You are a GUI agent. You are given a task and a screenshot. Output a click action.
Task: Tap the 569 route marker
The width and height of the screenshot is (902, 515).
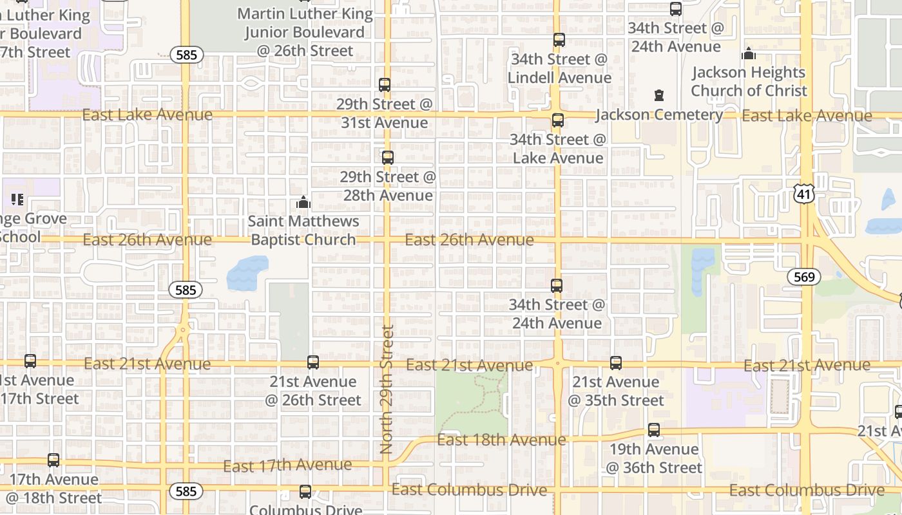tap(804, 277)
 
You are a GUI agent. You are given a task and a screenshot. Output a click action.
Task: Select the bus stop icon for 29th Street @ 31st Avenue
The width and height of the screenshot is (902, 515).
tap(385, 85)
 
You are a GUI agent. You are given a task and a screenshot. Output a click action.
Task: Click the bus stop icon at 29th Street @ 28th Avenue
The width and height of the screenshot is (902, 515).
tap(387, 158)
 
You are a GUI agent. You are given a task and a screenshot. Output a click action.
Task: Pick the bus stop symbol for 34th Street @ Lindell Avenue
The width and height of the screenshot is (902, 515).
tap(559, 40)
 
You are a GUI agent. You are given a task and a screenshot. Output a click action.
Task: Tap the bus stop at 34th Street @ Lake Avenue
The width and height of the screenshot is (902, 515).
tap(558, 120)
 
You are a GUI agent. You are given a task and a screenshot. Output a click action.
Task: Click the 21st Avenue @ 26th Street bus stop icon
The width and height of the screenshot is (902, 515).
tap(313, 362)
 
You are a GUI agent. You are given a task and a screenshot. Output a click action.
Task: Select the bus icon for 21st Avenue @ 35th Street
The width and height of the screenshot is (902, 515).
tap(616, 363)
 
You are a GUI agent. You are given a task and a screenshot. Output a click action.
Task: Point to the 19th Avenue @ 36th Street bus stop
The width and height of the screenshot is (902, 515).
tap(654, 430)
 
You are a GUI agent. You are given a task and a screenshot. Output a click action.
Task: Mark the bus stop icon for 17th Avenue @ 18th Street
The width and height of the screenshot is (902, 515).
tap(53, 460)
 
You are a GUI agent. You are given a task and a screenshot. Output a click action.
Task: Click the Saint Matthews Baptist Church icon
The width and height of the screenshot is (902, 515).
tap(303, 203)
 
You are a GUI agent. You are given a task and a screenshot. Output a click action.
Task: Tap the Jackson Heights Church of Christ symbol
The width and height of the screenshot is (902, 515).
tap(749, 54)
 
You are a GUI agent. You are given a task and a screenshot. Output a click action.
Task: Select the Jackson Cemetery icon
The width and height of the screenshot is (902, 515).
tap(658, 96)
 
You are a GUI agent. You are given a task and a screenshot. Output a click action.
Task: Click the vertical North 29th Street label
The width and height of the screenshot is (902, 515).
tap(387, 389)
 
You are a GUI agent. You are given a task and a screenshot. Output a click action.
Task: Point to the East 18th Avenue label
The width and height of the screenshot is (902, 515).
tap(501, 440)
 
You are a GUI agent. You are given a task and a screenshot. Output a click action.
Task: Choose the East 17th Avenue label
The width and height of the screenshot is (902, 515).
tap(287, 465)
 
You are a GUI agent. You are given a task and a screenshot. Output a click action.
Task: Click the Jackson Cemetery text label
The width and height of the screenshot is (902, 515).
tap(658, 115)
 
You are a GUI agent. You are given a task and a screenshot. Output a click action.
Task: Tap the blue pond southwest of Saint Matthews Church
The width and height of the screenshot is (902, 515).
tap(247, 273)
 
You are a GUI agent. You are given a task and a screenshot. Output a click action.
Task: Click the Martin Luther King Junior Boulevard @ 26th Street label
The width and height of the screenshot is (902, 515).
tap(305, 32)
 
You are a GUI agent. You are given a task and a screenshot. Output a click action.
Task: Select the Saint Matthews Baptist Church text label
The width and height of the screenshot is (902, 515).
tap(303, 230)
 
